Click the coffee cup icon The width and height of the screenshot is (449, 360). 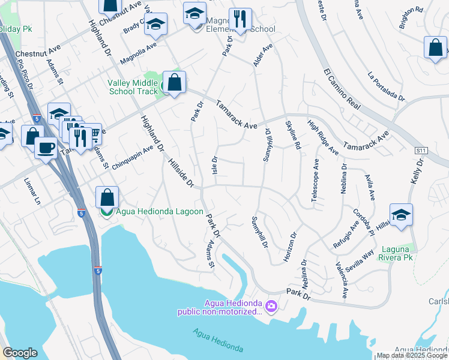46,147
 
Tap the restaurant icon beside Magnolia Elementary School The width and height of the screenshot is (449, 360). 240,19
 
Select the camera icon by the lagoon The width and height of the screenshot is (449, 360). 271,307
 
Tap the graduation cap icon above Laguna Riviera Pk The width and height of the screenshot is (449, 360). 401,214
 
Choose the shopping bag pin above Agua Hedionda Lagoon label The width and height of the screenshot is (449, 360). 107,197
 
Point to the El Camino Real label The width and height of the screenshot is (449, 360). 342,89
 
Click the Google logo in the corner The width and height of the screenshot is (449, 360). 20,353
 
